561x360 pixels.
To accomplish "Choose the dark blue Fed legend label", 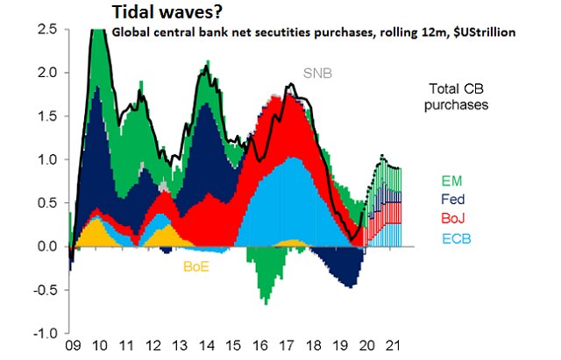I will (451, 200).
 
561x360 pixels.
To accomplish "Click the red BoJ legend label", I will (451, 217).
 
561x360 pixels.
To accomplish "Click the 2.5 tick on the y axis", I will (47, 29).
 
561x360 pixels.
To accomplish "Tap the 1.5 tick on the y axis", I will (47, 116).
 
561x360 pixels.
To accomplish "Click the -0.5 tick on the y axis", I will (45, 291).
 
